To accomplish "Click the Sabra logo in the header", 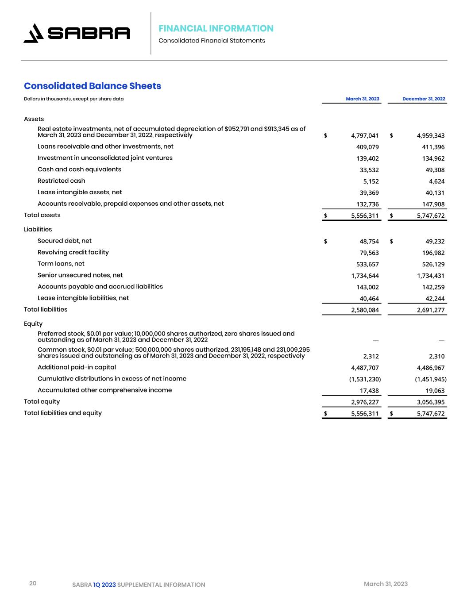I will (x=77, y=33).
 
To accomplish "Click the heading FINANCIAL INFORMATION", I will (x=216, y=28).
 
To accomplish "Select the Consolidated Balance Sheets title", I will (x=93, y=86).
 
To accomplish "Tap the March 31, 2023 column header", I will (x=362, y=99).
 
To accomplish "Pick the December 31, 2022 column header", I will (x=424, y=99).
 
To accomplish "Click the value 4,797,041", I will (x=364, y=135).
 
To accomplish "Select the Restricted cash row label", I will (x=62, y=181).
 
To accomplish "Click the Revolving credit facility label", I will (x=73, y=252).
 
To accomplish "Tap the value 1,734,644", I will (x=364, y=276).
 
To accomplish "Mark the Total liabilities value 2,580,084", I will (x=364, y=310).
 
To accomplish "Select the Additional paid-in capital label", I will (x=77, y=367).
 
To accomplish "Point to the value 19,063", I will (x=435, y=391).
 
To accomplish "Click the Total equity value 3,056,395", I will (x=431, y=402).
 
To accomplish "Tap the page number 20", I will (x=33, y=583).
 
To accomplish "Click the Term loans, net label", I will (x=61, y=264).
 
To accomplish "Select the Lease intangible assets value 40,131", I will (x=435, y=193).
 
